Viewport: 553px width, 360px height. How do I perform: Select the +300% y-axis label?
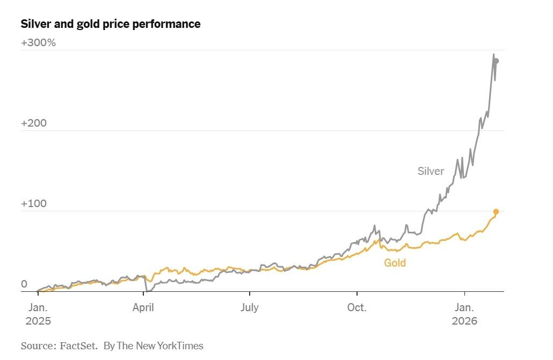39,43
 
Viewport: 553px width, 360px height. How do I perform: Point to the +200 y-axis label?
34,123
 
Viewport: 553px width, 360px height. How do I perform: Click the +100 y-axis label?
34,203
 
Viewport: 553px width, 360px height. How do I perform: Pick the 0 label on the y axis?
24,284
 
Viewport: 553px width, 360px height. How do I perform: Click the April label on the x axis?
143,308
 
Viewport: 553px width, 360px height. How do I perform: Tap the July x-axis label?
250,307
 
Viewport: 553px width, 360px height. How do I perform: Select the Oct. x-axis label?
357,307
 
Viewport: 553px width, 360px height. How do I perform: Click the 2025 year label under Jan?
38,321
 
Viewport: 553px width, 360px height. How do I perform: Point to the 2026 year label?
464,321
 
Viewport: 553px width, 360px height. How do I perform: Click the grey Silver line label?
431,171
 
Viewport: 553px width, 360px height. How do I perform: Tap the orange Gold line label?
395,263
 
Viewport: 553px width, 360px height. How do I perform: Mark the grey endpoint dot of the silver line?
496,61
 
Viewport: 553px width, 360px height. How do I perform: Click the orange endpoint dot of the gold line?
496,211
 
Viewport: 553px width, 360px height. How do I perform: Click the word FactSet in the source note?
78,346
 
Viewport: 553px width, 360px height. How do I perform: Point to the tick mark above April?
143,293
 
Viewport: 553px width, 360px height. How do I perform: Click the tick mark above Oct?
357,293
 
